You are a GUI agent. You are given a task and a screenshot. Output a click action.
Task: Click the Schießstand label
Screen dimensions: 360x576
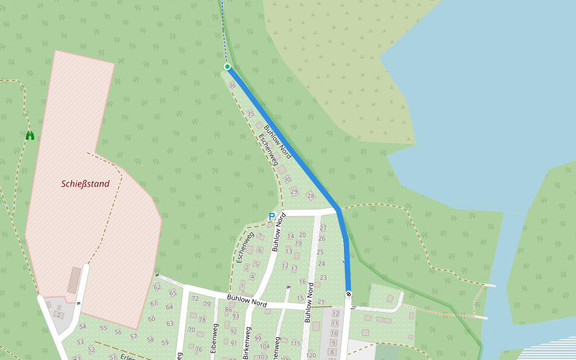click(x=85, y=184)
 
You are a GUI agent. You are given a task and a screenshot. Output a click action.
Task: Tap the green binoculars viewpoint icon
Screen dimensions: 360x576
click(x=30, y=136)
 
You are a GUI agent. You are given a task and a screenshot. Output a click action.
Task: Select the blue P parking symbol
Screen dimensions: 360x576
click(x=272, y=217)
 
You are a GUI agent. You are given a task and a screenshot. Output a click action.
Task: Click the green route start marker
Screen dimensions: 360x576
click(x=227, y=67)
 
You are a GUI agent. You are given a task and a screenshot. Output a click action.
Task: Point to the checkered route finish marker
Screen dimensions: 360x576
click(x=348, y=294)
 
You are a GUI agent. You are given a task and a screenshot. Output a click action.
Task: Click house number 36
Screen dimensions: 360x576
click(x=232, y=85)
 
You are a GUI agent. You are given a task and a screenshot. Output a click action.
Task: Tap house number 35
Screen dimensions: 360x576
click(x=250, y=113)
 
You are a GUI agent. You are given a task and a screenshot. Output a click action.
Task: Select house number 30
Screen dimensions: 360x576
click(x=287, y=179)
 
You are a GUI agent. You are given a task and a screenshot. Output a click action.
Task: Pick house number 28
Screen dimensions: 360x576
click(x=310, y=196)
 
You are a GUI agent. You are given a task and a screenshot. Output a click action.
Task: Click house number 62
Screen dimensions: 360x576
click(x=157, y=287)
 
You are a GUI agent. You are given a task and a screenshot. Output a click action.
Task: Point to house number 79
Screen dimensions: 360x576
click(x=207, y=304)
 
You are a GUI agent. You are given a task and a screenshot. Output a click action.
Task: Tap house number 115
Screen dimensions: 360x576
click(x=295, y=343)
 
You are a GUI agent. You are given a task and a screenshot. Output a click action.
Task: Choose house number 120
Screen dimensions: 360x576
click(x=311, y=356)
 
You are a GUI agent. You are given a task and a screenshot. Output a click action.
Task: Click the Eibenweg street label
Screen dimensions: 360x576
click(x=215, y=338)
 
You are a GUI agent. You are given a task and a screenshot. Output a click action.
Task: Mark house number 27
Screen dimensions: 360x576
click(x=323, y=228)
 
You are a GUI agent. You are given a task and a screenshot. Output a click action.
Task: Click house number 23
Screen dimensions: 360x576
click(x=323, y=277)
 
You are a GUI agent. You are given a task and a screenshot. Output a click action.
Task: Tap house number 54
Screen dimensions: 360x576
click(x=82, y=326)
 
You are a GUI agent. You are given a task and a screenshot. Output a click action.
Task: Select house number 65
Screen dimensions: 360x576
click(x=173, y=293)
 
